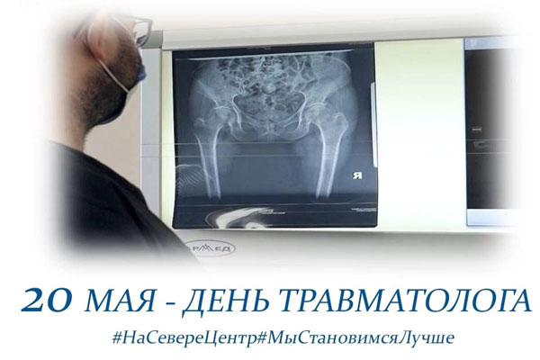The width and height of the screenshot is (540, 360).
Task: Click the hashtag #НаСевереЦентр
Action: coord(184,337)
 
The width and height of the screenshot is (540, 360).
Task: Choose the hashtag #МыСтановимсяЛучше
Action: coord(355,337)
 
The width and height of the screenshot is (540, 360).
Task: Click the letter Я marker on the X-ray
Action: coord(357,175)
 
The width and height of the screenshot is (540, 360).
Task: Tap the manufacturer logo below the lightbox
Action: coord(211,248)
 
